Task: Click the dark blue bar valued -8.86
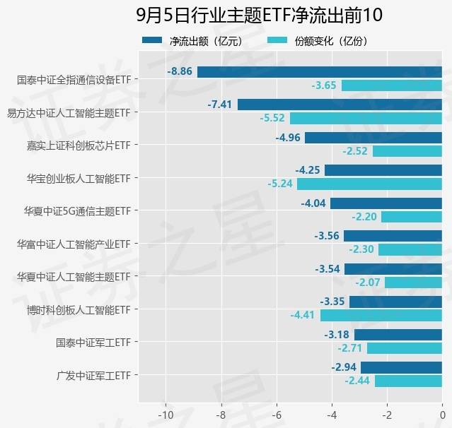(320, 71)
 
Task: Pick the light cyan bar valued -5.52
(366, 118)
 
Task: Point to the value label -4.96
(289, 137)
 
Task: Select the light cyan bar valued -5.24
(369, 184)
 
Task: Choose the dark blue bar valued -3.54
(393, 268)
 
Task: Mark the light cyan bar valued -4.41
(381, 315)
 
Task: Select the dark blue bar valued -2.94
(401, 367)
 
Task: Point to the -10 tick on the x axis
(166, 414)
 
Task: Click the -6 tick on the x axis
(277, 414)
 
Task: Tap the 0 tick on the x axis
(442, 414)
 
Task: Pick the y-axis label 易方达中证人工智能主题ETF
(69, 112)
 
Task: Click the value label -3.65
(324, 85)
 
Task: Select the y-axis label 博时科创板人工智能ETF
(79, 309)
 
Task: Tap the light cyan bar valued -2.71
(405, 348)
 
